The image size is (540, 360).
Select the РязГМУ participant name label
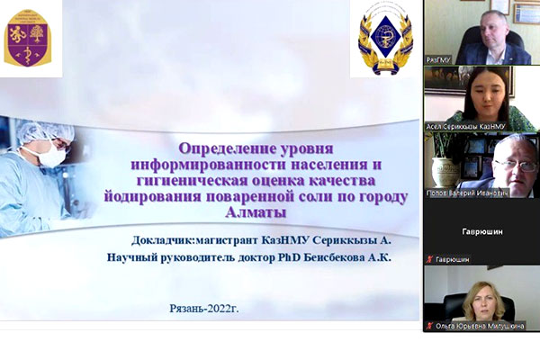pos(439,59)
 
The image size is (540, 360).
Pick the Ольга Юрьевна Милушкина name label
pos(481,325)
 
